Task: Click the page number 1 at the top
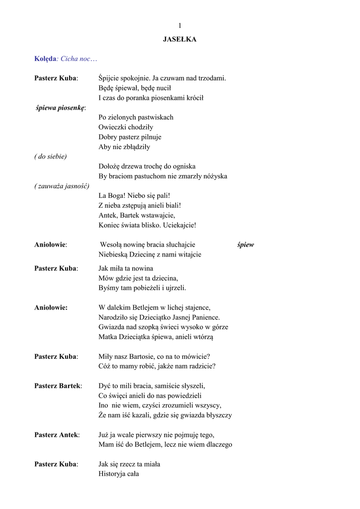coord(180,26)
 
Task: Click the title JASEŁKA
coord(180,39)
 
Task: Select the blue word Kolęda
coord(45,59)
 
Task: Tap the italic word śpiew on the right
coord(246,245)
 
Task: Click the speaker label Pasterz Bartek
coord(58,386)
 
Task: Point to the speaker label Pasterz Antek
coord(56,435)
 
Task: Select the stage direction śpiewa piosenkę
coord(61,107)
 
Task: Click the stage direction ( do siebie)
coord(51,156)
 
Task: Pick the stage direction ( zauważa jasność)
coord(62,186)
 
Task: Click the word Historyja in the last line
coord(112,474)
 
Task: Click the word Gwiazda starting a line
coord(111,327)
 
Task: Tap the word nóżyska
coord(213,176)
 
